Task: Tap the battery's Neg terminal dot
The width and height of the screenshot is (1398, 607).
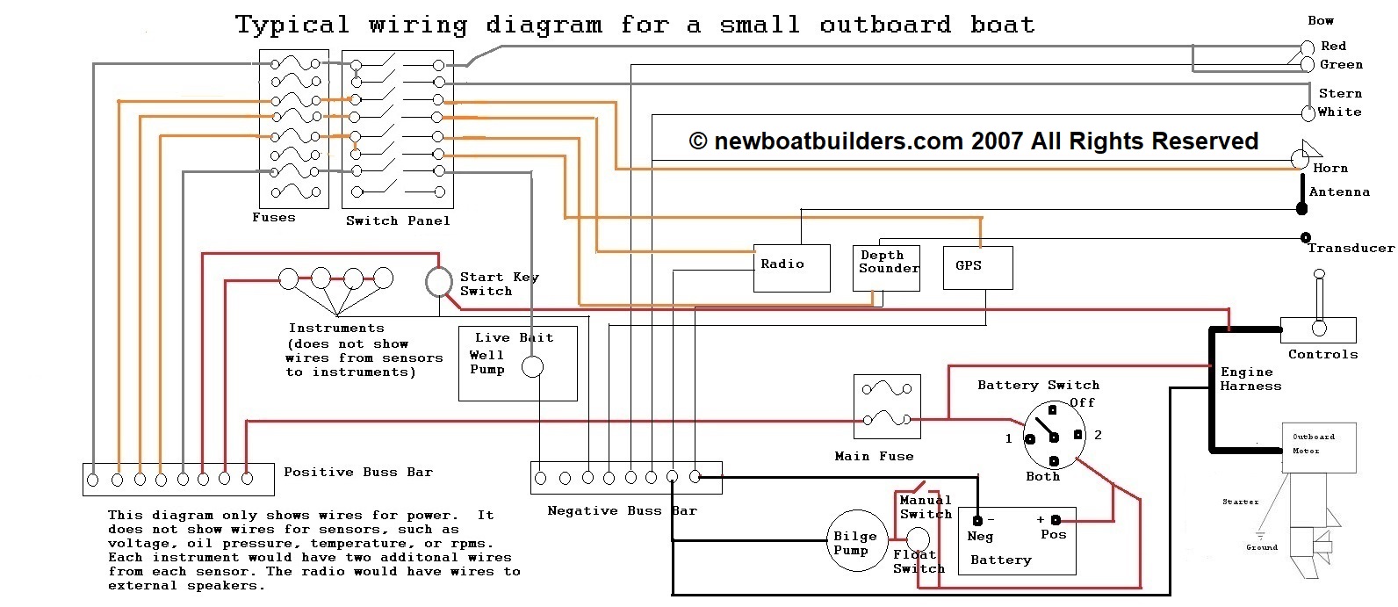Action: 977,521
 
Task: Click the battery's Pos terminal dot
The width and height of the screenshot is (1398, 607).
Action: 1056,519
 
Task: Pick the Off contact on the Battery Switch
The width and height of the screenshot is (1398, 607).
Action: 1052,410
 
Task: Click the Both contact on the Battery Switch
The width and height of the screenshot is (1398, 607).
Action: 1054,461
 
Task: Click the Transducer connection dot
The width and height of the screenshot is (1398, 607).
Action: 1305,237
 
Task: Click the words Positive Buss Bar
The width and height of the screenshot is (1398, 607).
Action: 358,472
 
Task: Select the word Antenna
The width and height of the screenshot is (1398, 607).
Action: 1339,192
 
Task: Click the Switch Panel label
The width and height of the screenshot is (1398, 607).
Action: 398,221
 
